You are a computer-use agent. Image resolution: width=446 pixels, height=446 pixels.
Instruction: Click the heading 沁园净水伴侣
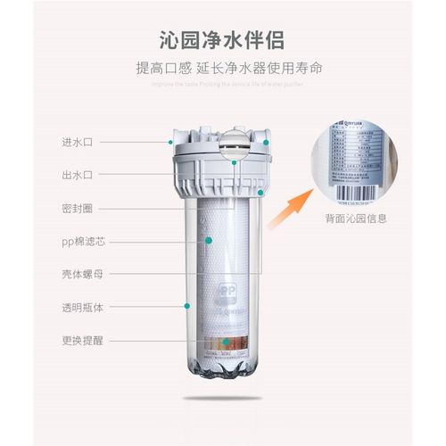[x=222, y=39]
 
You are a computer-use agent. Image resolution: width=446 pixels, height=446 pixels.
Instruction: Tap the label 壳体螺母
[x=78, y=273]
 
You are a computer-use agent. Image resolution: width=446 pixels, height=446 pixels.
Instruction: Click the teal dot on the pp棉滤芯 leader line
[x=205, y=240]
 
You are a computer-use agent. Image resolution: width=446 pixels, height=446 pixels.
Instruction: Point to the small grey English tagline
[x=222, y=84]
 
